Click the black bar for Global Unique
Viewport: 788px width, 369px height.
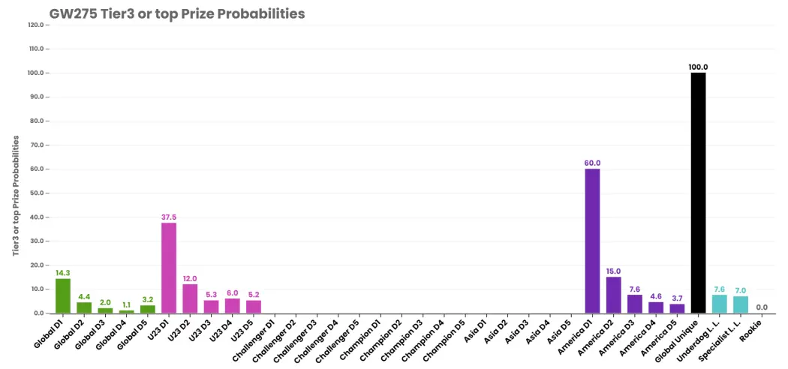click(698, 193)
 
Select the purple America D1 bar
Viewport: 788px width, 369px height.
click(592, 241)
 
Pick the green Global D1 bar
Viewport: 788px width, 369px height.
click(63, 296)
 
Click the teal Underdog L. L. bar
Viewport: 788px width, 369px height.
click(719, 304)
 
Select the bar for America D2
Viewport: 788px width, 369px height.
click(614, 295)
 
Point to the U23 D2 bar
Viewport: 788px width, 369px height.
click(190, 298)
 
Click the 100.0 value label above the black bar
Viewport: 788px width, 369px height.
click(699, 67)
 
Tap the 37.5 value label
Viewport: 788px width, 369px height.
click(169, 217)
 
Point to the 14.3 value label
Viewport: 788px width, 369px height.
click(63, 272)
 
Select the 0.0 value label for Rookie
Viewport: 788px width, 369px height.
click(762, 307)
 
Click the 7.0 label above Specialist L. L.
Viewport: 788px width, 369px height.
click(740, 290)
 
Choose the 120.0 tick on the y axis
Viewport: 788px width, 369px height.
click(39, 25)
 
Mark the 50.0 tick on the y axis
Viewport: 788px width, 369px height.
click(40, 193)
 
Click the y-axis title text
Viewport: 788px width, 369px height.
click(16, 195)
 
